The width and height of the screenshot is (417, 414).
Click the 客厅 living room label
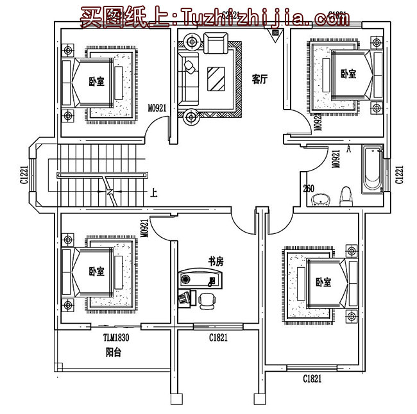(259, 79)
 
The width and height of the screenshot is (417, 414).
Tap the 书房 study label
(216, 261)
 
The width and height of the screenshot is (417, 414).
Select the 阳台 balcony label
(114, 352)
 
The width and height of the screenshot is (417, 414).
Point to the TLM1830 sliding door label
(116, 338)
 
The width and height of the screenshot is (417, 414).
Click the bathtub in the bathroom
(372, 170)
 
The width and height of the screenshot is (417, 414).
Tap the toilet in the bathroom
(346, 196)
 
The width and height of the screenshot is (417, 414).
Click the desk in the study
(200, 280)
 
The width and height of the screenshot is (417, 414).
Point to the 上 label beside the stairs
(153, 191)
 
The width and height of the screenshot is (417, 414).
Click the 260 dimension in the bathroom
(309, 188)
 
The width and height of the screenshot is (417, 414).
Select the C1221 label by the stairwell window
(24, 174)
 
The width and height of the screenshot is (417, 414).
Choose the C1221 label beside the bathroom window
(399, 174)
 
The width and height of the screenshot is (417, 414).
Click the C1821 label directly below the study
(218, 338)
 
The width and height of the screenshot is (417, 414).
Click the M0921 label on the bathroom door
(335, 158)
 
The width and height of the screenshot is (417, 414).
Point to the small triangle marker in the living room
(277, 38)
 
